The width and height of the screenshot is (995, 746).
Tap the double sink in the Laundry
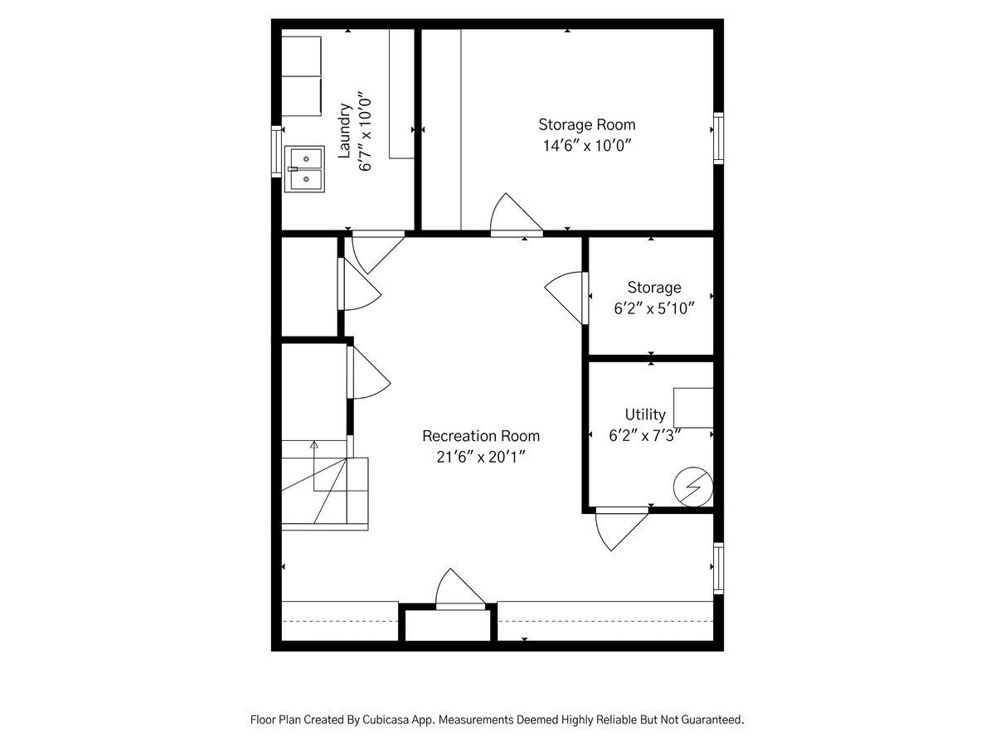[306, 169]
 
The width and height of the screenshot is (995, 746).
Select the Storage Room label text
[587, 124]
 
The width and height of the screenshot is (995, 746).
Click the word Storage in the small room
[653, 288]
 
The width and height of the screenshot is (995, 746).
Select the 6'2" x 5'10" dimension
[653, 308]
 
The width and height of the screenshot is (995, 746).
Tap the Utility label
[645, 414]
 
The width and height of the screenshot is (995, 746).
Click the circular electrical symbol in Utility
[692, 487]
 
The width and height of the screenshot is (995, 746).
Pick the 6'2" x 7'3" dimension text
[645, 436]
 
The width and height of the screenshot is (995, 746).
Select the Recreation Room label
[481, 436]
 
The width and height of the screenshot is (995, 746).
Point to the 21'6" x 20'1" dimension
[481, 457]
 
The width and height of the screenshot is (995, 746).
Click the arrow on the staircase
[314, 446]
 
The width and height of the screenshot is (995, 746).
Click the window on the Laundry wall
[277, 151]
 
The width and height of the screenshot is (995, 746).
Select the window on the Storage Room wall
[718, 138]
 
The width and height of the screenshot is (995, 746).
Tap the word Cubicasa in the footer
[384, 720]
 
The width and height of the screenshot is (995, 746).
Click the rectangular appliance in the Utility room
[693, 407]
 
